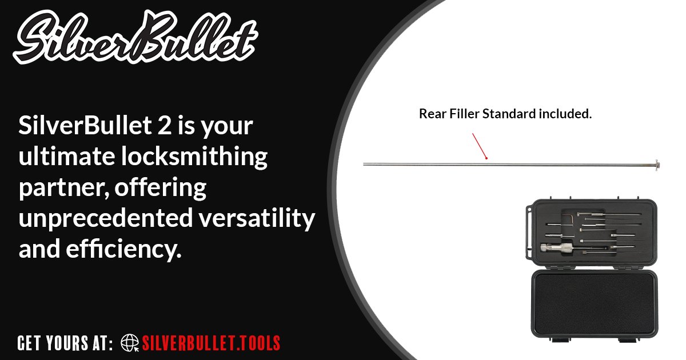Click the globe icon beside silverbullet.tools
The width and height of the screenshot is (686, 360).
coord(130,343)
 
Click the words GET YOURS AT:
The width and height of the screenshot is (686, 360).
coord(65,343)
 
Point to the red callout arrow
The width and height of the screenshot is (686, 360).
coord(479,146)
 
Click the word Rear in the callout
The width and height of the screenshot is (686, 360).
coord(430,114)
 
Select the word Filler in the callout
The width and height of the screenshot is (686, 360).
coord(462,114)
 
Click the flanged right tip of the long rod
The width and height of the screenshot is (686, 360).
coord(657,165)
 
